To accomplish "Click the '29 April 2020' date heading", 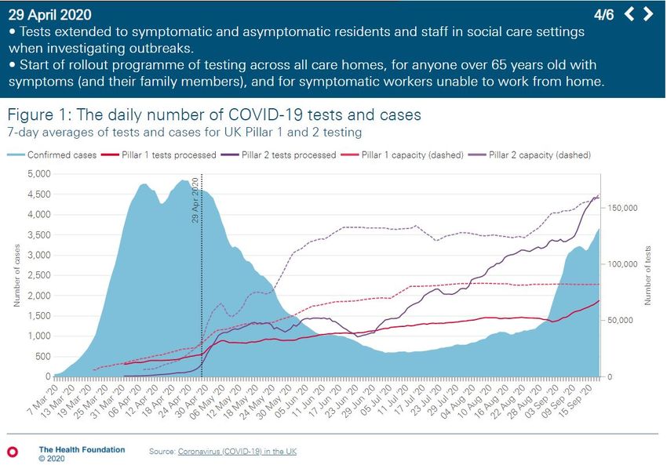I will click(49, 14).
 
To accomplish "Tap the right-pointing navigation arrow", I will click(648, 13).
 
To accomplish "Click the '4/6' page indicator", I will click(604, 14).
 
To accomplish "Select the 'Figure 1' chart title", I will click(213, 114).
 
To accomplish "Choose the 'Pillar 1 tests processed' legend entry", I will click(163, 154).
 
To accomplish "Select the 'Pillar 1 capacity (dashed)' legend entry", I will click(413, 154).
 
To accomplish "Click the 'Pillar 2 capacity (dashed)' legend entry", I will click(539, 154).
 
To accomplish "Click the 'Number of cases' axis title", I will click(17, 275).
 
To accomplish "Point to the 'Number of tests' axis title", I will click(648, 275).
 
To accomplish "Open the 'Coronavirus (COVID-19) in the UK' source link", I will click(236, 452).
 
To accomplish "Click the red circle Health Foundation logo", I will click(12, 452).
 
